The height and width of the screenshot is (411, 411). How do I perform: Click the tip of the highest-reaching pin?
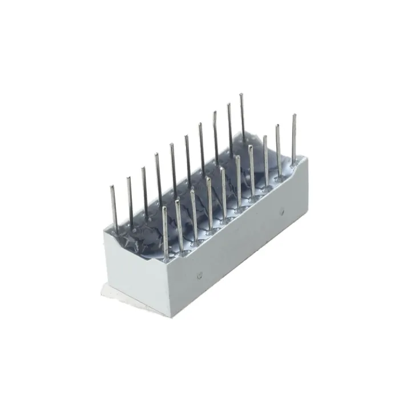click(241, 95)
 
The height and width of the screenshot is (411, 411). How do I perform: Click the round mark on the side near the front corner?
click(199, 275)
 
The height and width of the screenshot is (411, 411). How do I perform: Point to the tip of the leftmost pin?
click(111, 186)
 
